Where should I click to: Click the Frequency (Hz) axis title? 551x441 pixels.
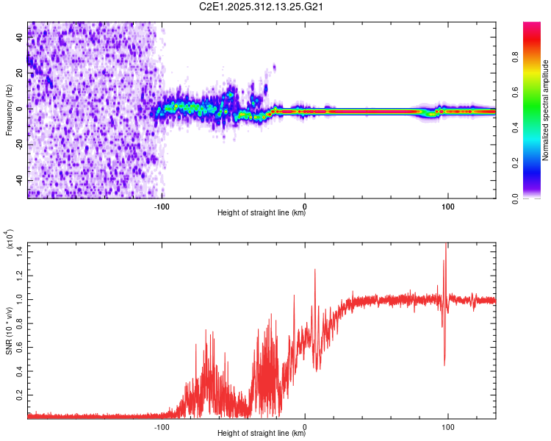tap(9, 110)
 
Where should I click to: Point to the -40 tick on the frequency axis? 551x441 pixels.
tap(20, 180)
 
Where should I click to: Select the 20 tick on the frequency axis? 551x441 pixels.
tap(20, 73)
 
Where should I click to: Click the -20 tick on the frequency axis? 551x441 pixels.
tap(20, 145)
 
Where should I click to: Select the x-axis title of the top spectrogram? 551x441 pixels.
tap(262, 213)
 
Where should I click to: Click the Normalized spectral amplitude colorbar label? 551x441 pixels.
tap(546, 110)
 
